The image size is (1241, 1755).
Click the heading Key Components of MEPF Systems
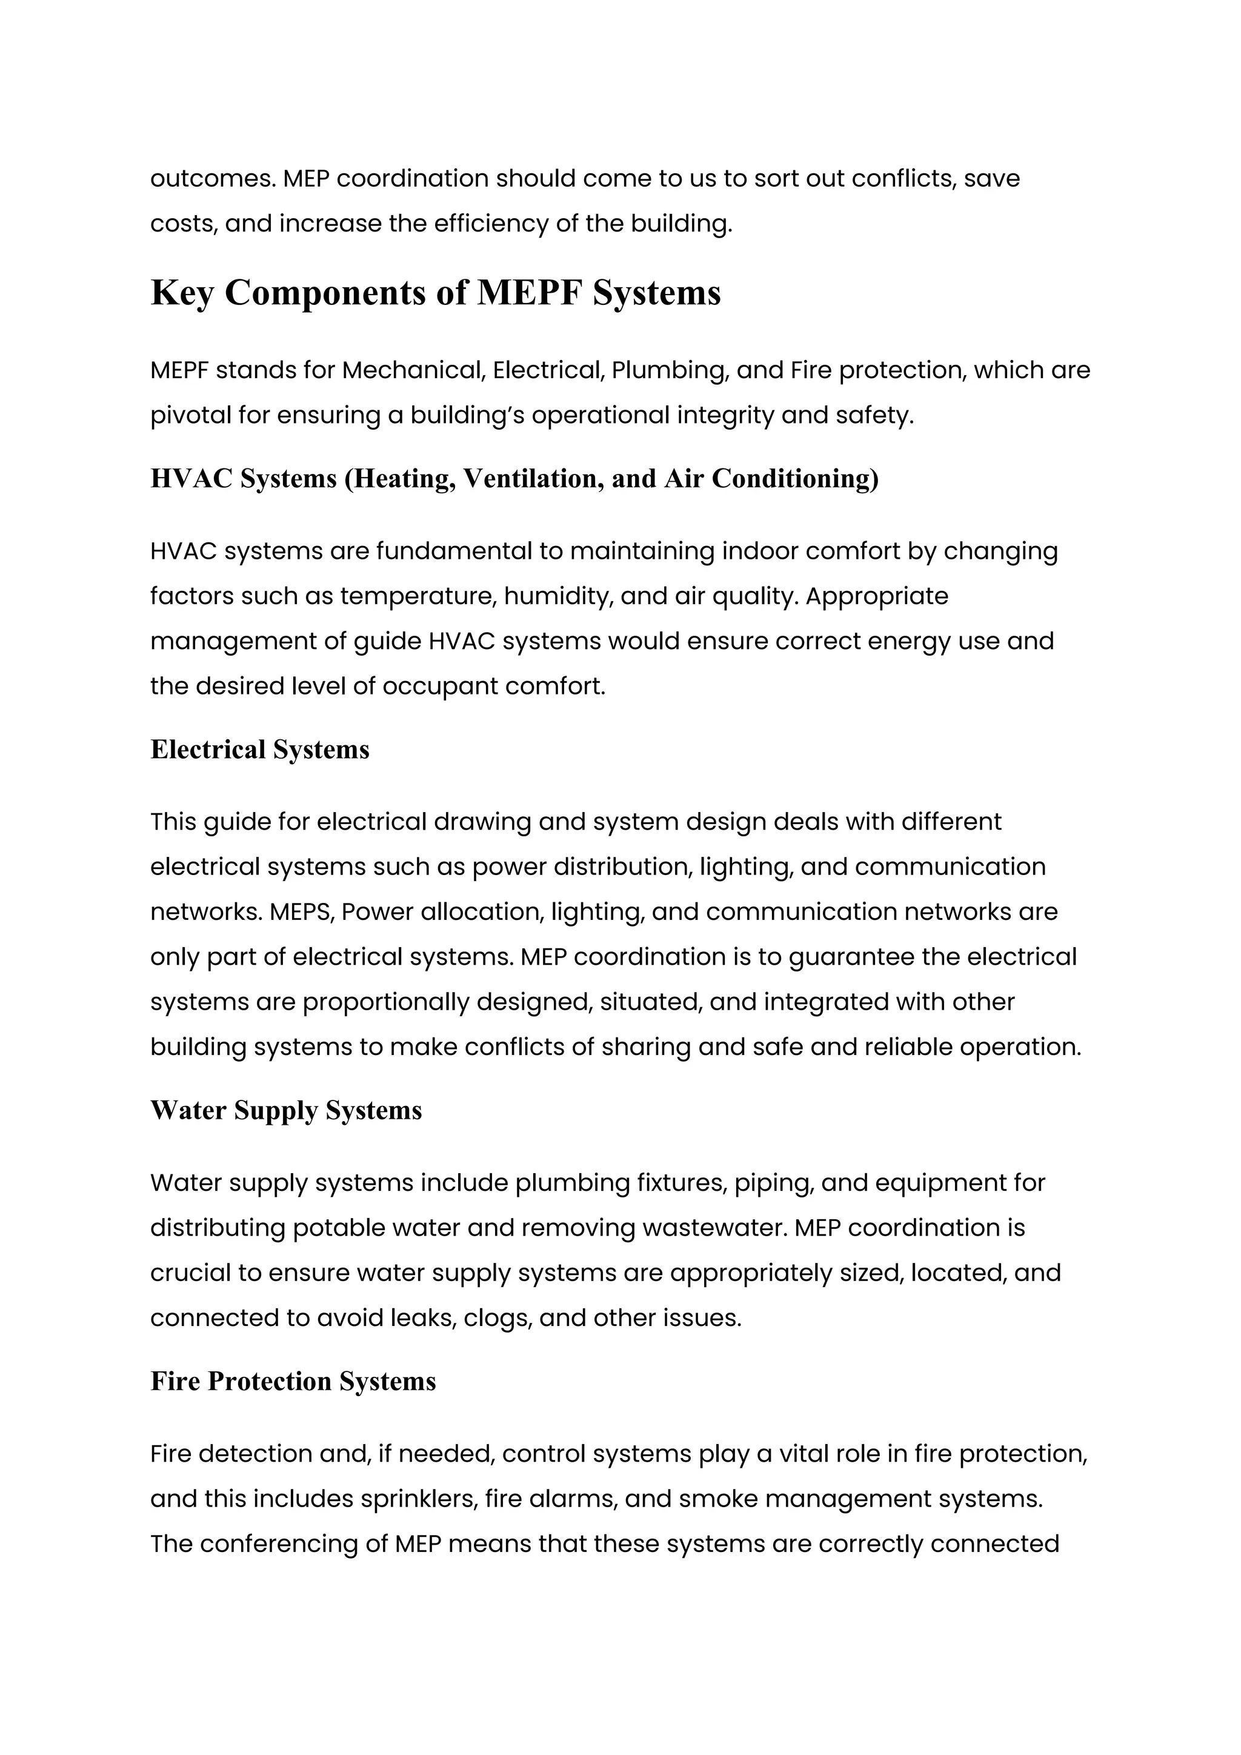point(436,293)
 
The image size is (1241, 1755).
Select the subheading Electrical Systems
point(260,750)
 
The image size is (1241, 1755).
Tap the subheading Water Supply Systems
point(286,1111)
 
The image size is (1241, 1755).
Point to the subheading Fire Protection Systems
point(293,1381)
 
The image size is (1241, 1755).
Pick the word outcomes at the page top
point(213,179)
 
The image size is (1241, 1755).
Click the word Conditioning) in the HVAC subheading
point(796,479)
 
